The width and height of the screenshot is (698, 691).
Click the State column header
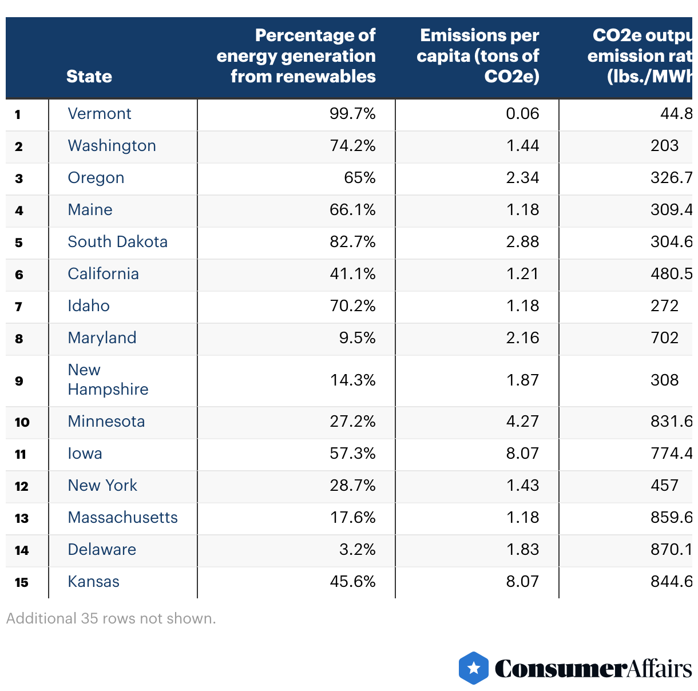click(x=89, y=76)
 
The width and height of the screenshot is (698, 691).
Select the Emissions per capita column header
click(x=478, y=55)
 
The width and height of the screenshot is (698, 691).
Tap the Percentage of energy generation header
click(x=296, y=55)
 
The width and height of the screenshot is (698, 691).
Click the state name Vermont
click(x=100, y=114)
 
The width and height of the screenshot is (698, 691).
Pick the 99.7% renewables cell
click(x=352, y=114)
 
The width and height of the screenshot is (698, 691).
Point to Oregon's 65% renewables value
click(x=359, y=178)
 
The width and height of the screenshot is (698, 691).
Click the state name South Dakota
click(x=117, y=242)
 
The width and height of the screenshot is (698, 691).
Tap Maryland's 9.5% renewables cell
click(x=357, y=338)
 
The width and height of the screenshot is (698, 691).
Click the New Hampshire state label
click(x=108, y=380)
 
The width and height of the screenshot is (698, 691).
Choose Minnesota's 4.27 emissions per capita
click(x=522, y=422)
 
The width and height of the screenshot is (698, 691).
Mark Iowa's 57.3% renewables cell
click(x=352, y=454)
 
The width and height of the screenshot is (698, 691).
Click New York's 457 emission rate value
click(x=664, y=486)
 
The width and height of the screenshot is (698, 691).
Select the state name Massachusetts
click(x=122, y=518)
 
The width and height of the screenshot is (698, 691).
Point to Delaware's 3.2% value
click(x=357, y=550)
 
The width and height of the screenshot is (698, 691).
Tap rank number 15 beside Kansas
click(x=22, y=583)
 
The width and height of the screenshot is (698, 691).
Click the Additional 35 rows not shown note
click(x=111, y=618)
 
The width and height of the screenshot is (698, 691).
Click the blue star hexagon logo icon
click(x=474, y=668)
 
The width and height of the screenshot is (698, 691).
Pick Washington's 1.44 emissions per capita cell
click(x=522, y=146)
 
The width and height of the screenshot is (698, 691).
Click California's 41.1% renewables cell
click(x=352, y=274)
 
